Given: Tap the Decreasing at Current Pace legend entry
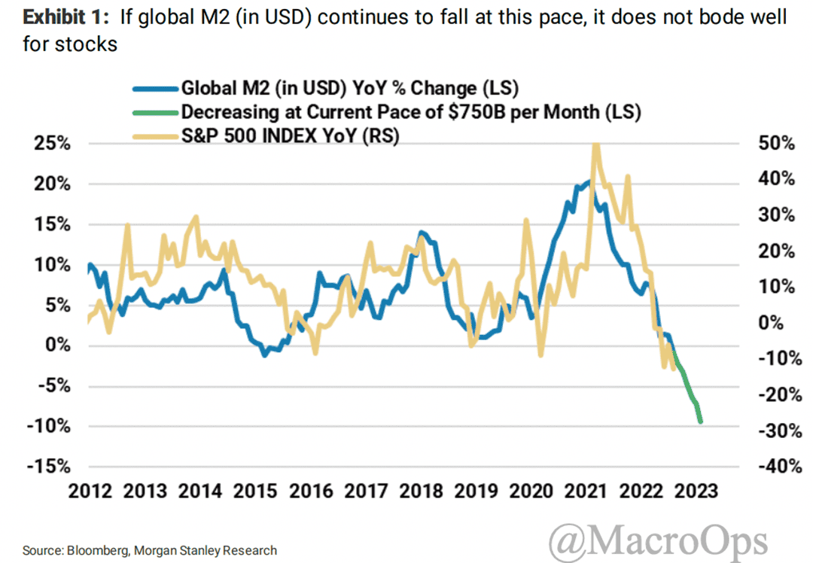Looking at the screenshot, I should (x=410, y=112).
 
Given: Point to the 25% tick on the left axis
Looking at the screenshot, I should (x=50, y=144).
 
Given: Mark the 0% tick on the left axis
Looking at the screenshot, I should (x=56, y=345).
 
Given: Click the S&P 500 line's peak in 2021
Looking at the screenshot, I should (x=596, y=145).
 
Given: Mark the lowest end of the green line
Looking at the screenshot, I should (x=701, y=421).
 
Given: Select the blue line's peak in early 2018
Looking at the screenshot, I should (x=421, y=232).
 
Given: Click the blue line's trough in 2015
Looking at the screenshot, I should (x=264, y=355).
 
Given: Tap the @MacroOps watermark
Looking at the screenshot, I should (x=658, y=541).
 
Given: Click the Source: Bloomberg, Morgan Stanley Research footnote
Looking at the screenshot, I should (x=149, y=550).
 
